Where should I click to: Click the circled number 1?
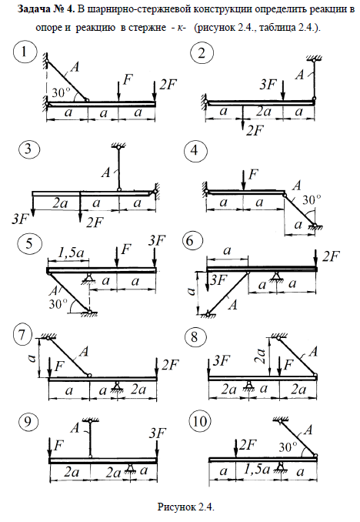25,52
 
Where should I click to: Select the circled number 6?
192,241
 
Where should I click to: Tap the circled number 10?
200,422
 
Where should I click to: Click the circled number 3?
29,148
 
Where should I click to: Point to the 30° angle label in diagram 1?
62,92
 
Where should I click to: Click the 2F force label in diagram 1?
168,85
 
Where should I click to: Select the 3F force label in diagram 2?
268,85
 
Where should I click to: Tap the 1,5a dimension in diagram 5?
70,253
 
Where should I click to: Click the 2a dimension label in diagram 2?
264,112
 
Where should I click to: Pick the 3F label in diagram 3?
20,219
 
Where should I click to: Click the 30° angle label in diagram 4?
312,199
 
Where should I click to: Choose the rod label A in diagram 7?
84,351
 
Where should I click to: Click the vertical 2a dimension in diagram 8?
262,356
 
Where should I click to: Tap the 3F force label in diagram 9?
158,433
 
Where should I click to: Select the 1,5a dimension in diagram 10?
256,470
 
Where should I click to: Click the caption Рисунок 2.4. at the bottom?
185,507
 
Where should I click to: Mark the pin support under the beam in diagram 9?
130,468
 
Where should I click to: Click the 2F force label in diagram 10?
248,445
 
